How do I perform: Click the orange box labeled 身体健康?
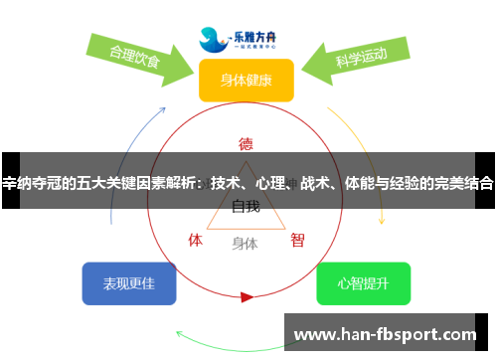click(x=246, y=81)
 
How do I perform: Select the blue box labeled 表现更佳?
click(x=129, y=283)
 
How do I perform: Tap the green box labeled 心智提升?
click(x=363, y=283)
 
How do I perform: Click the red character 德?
click(x=247, y=143)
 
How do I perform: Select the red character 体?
click(x=196, y=240)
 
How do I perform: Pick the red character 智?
click(x=297, y=240)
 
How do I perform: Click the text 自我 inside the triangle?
click(x=246, y=207)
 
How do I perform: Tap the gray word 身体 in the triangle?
click(x=246, y=243)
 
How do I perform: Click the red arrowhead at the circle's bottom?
click(x=247, y=295)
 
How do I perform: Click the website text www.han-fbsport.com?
click(x=387, y=335)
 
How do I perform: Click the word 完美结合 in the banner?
click(x=461, y=183)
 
